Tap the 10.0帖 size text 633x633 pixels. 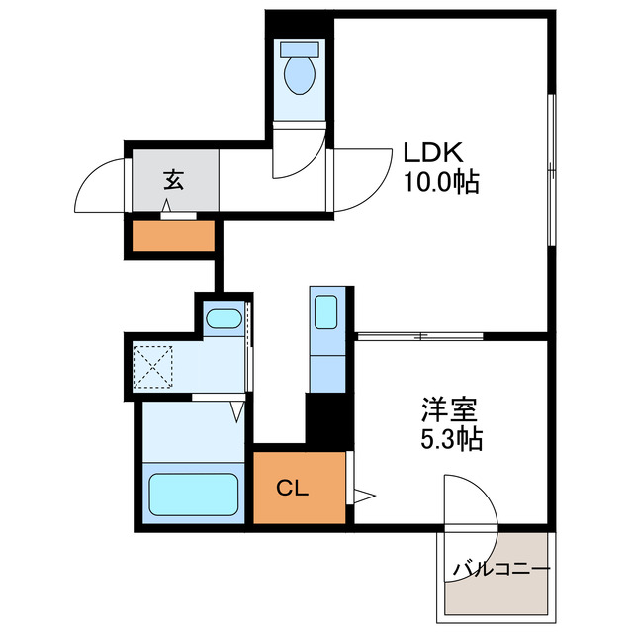[x=440, y=182]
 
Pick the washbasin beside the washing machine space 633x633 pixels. [x=224, y=319]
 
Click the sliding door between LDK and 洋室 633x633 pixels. [x=420, y=336]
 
